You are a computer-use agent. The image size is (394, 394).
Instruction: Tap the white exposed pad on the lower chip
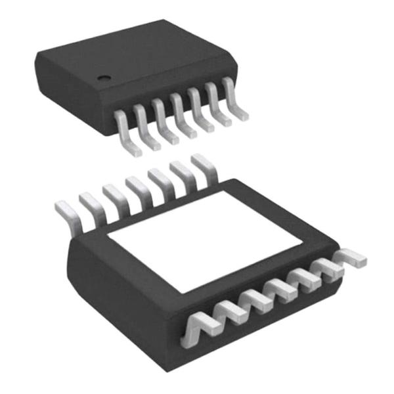click(x=204, y=240)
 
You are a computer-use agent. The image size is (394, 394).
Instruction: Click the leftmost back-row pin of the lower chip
click(x=66, y=211)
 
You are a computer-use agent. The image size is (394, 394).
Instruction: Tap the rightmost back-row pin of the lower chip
click(x=203, y=164)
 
